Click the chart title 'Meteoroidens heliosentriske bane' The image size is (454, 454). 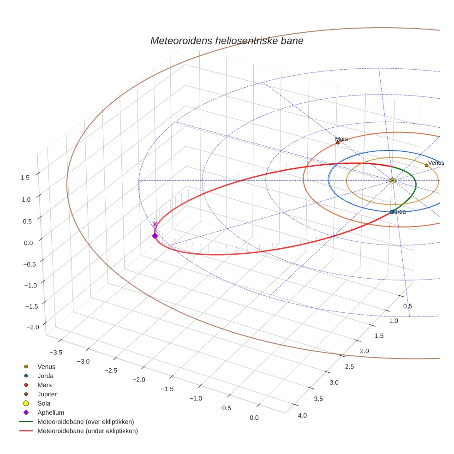coord(227,41)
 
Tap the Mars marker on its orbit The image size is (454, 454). coord(338,143)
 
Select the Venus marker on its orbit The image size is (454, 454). coord(426,165)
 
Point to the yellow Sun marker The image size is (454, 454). coord(393,180)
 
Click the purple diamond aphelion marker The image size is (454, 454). coord(155,236)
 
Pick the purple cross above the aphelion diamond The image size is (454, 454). coord(155,224)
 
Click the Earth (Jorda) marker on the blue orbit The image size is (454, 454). coord(392,212)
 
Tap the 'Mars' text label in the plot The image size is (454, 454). coord(341,139)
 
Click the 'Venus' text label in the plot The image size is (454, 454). coord(436,163)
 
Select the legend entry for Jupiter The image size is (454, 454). coord(47,394)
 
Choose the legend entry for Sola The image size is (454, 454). coord(44,403)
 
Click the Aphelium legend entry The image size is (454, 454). coord(50,412)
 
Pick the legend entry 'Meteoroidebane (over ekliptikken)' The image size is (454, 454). coord(85,422)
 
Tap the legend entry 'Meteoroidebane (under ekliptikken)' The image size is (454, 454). coord(87,431)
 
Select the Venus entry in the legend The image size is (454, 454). coord(46,367)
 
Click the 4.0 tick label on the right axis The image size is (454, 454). coord(302,416)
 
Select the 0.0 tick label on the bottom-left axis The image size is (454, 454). coord(254,418)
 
